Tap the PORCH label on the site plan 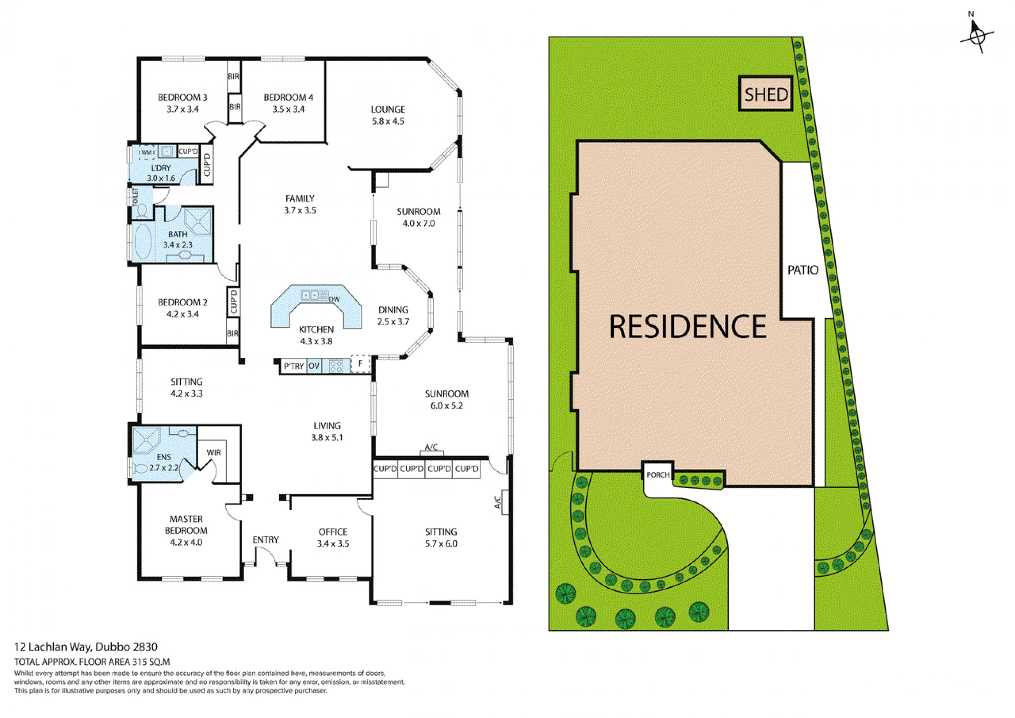pos(658,475)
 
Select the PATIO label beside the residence pos(803,270)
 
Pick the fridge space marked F pos(360,364)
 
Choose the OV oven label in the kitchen pos(314,366)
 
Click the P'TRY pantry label pos(294,366)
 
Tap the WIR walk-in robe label pos(213,453)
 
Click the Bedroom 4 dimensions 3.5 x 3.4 pos(288,109)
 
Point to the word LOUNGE pos(388,109)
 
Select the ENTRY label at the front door pos(266,540)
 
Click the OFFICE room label pos(333,532)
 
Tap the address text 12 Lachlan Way pos(54,647)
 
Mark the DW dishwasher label pos(335,300)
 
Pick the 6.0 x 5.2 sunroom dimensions pos(447,406)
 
